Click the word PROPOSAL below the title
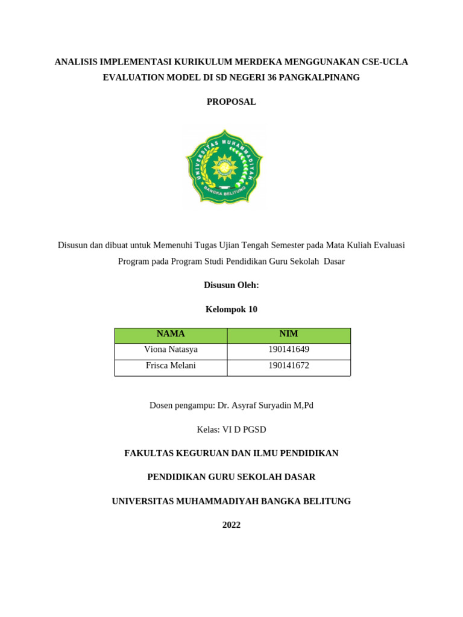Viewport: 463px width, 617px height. tap(231, 102)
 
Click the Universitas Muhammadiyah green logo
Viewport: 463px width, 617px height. tap(224, 168)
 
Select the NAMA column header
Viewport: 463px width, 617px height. tap(171, 334)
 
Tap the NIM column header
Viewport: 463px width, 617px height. tap(288, 334)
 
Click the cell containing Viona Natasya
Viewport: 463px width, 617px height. tap(171, 349)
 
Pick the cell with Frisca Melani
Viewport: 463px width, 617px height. tap(171, 366)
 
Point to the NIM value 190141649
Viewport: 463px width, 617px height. tap(288, 349)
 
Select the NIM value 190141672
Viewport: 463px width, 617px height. tap(288, 366)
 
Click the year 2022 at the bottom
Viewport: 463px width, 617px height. tap(231, 525)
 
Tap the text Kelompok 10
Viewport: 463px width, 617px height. tap(231, 309)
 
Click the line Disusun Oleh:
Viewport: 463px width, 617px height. tap(231, 285)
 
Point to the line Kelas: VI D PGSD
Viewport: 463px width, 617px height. tap(231, 430)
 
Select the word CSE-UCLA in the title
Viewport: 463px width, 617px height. tap(385, 62)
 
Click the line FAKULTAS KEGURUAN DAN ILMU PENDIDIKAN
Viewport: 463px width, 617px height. tap(231, 453)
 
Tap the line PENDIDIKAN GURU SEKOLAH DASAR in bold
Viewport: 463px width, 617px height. tap(231, 477)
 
